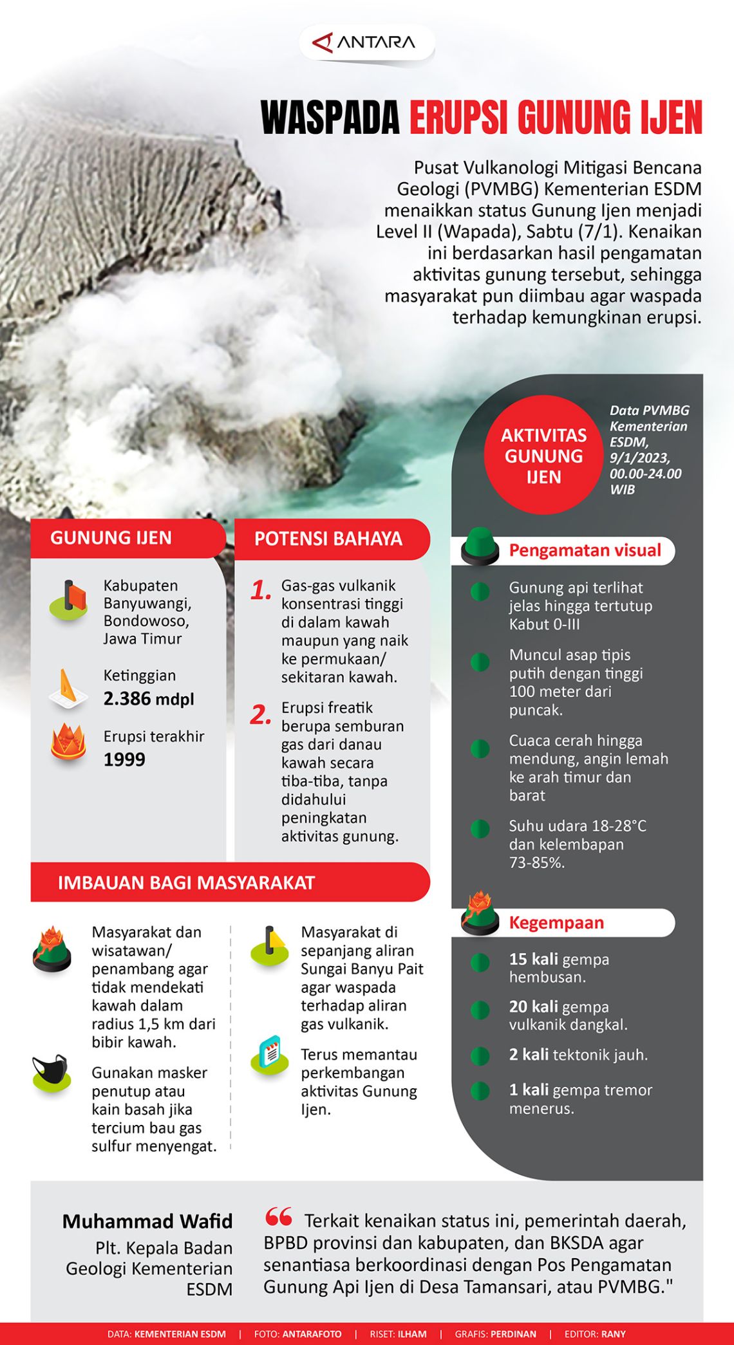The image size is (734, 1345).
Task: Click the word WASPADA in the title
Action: click(330, 118)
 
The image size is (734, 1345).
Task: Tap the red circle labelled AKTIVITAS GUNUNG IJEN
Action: click(544, 456)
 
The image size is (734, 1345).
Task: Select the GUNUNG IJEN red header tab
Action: click(111, 538)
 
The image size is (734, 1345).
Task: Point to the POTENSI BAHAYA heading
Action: click(328, 539)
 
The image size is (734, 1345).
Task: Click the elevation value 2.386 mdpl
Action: click(149, 699)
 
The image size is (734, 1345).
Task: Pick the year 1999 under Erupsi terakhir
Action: click(124, 759)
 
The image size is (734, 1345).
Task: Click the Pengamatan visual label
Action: click(585, 550)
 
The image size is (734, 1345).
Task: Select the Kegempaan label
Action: click(556, 923)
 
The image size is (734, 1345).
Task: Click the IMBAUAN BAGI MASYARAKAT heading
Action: click(186, 883)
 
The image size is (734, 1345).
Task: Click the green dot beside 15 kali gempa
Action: click(480, 963)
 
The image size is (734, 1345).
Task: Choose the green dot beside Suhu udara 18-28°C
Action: click(480, 829)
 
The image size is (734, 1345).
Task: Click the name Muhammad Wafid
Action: click(147, 1221)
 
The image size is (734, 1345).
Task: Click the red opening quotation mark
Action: click(279, 1217)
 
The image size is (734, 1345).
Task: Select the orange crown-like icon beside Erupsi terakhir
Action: click(68, 743)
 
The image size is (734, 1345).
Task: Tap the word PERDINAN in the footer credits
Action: click(513, 1334)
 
